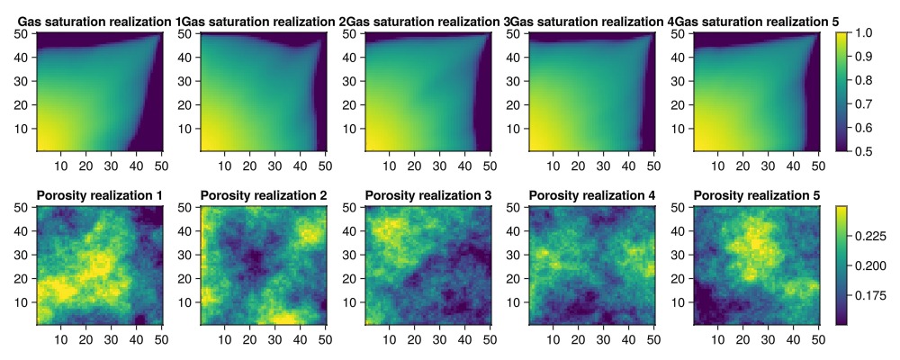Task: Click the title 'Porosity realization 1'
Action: [99, 195]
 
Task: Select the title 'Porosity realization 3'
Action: [427, 195]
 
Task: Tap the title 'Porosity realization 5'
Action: [756, 195]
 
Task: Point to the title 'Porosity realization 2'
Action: [264, 195]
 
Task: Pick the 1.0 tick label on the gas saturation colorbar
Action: [866, 33]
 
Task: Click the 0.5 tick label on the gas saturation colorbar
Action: [866, 151]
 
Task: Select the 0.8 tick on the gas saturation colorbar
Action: [866, 80]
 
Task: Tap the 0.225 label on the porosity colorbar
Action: [872, 236]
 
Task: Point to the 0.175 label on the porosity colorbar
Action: [872, 294]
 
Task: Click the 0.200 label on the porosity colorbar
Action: [872, 265]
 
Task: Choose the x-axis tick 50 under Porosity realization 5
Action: [818, 338]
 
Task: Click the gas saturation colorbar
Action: [842, 92]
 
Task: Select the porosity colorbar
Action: [842, 265]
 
